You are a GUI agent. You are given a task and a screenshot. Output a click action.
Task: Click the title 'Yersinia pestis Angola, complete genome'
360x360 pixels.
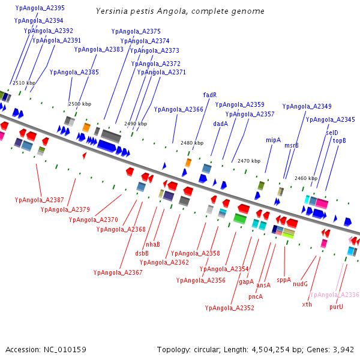(180, 11)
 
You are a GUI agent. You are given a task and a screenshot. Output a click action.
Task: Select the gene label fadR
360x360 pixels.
(210, 95)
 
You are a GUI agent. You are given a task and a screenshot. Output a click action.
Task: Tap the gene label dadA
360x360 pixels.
(220, 124)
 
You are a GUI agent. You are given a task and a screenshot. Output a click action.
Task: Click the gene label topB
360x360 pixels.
(340, 140)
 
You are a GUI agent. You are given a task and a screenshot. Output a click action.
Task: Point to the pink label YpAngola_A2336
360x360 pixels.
(334, 295)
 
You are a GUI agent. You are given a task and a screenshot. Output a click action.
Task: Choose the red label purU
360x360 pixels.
(336, 307)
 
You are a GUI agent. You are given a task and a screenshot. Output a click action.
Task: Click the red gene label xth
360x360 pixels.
(307, 304)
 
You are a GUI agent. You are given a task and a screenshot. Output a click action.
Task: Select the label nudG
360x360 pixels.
(300, 284)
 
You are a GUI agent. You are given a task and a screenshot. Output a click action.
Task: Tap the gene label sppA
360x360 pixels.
(283, 280)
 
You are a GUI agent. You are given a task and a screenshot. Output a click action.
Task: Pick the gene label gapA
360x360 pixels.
(246, 281)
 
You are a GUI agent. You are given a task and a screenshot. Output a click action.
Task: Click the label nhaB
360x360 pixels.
(153, 244)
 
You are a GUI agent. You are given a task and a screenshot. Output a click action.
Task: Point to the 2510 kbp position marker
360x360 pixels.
(24, 83)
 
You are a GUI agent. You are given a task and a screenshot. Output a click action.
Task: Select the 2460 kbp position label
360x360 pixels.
(305, 178)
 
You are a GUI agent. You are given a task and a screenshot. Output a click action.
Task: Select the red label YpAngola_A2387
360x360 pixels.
(39, 200)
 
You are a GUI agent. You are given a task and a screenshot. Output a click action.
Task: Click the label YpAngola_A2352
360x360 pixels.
(229, 308)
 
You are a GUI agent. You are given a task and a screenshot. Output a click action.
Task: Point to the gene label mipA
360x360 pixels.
(273, 140)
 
